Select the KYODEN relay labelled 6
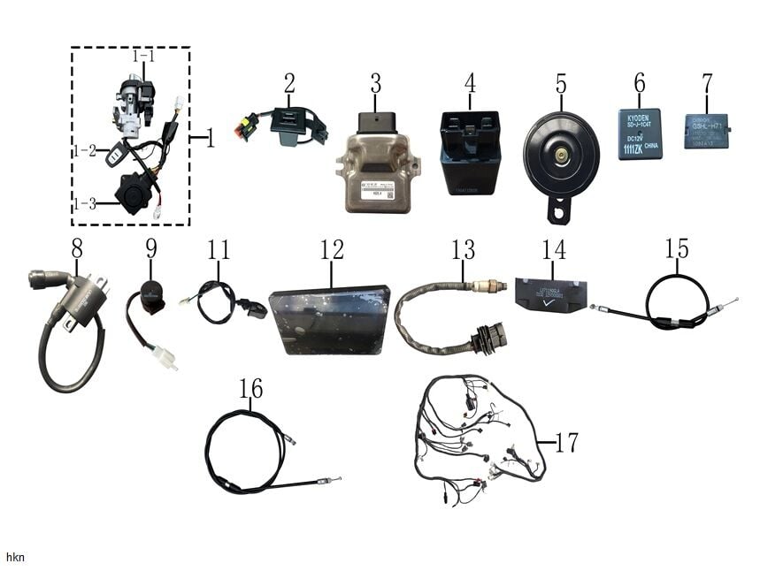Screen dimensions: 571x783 pyautogui.click(x=640, y=133)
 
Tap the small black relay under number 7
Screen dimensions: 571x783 pyautogui.click(x=705, y=130)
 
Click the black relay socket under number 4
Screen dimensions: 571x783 pyautogui.click(x=471, y=151)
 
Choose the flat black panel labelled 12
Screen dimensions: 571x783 pyautogui.click(x=330, y=318)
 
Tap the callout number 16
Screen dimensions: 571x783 pyautogui.click(x=250, y=388)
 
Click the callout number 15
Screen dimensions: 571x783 pyautogui.click(x=677, y=248)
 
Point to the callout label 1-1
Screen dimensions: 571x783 pyautogui.click(x=143, y=56)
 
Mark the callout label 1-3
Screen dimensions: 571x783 pyautogui.click(x=84, y=203)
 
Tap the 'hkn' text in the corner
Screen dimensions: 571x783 pyautogui.click(x=15, y=558)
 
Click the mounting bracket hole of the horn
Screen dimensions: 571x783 pyautogui.click(x=558, y=210)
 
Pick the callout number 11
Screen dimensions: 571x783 pyautogui.click(x=219, y=249)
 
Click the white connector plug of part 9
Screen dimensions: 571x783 pyautogui.click(x=162, y=356)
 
